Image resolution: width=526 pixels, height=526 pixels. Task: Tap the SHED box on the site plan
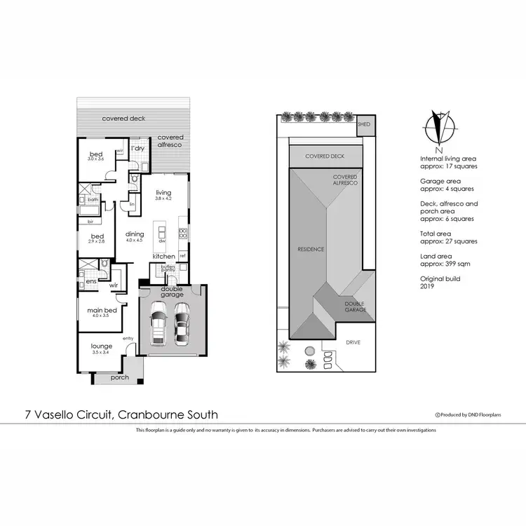coord(363,124)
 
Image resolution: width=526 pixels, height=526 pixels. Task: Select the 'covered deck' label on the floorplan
coord(123,119)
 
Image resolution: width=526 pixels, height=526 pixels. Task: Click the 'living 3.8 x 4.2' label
coord(163,196)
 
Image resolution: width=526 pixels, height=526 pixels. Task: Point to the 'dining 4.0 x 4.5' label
coord(134,237)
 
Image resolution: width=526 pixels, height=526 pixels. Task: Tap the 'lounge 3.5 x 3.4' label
coord(102,349)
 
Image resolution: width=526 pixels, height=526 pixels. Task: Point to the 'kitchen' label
coord(164,257)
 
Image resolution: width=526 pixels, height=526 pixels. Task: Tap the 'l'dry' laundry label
coord(137,148)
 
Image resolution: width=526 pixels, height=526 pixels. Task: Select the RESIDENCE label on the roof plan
coord(310,249)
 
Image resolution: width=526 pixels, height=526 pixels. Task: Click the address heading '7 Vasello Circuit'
coord(120,414)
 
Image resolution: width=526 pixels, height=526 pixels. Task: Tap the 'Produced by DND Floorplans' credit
coord(472,415)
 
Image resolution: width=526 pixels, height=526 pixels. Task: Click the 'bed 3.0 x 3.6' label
coord(96,156)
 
